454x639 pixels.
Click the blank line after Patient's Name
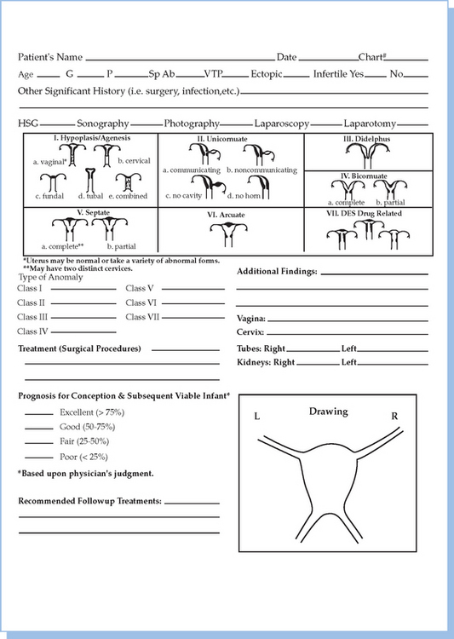(180, 60)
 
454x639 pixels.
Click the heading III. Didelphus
(366, 139)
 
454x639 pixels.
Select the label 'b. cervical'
(134, 161)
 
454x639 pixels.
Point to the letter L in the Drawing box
(256, 416)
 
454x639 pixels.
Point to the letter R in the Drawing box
(394, 416)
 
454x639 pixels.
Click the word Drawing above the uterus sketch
(329, 412)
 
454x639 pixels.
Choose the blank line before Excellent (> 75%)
(39, 415)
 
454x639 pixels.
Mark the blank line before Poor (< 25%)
(39, 458)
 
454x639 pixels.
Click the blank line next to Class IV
(83, 332)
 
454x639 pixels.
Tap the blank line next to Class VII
(193, 318)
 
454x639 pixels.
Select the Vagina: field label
(251, 319)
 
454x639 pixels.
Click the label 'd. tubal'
(90, 196)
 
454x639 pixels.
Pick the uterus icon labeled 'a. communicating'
(204, 154)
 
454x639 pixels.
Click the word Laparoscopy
(282, 124)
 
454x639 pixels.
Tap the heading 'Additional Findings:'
(277, 272)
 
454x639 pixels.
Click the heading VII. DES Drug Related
(364, 214)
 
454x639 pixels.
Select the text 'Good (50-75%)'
(87, 427)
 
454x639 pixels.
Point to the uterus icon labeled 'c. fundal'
(53, 182)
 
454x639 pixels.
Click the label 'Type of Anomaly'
(50, 278)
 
